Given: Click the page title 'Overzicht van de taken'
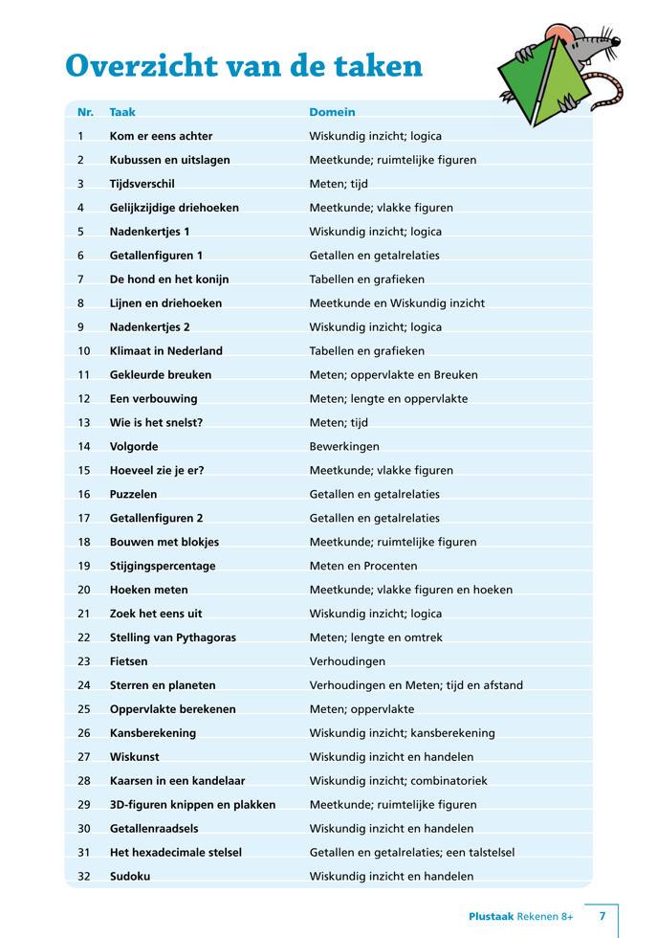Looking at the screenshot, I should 244,66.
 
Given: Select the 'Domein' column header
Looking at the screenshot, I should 332,112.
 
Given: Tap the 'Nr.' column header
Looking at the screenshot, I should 85,112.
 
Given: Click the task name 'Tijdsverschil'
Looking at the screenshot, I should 142,184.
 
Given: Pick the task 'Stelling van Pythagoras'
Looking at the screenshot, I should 173,637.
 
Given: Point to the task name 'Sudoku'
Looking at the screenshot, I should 130,876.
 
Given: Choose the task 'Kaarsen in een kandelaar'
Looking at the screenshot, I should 178,781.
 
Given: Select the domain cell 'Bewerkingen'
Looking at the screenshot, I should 344,446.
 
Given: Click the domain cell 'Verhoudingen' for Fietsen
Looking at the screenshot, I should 347,661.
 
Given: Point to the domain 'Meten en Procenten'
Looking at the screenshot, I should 363,566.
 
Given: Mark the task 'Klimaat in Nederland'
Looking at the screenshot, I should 166,350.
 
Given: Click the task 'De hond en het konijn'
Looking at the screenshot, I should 169,279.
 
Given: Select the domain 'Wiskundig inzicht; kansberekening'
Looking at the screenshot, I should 402,733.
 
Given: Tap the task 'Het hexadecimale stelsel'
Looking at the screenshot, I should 176,852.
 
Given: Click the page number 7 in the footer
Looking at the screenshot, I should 602,916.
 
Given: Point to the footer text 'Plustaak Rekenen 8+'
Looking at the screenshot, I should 521,916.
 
